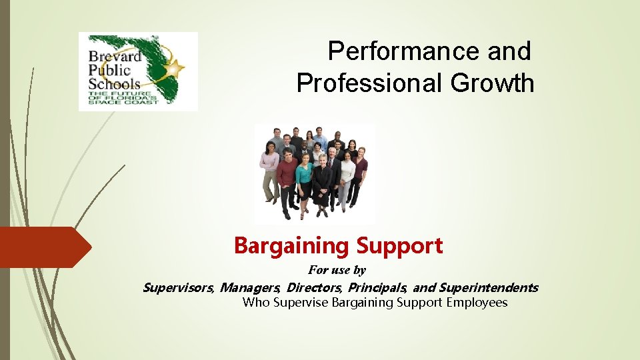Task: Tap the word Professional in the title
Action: [369, 83]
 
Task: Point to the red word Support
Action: [399, 246]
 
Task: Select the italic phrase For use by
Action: [337, 270]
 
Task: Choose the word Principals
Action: [377, 288]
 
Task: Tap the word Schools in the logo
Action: [115, 83]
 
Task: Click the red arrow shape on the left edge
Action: [43, 247]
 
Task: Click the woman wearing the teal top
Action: [304, 177]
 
